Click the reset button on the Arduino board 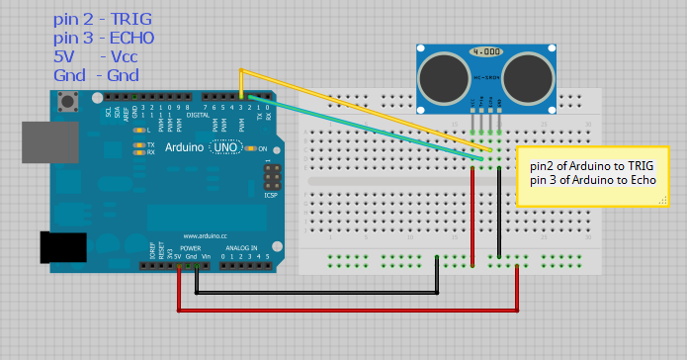click(69, 101)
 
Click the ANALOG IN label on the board click(239, 247)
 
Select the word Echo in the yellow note click(645, 179)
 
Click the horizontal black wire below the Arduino click(316, 293)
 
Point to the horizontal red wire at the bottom click(346, 311)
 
